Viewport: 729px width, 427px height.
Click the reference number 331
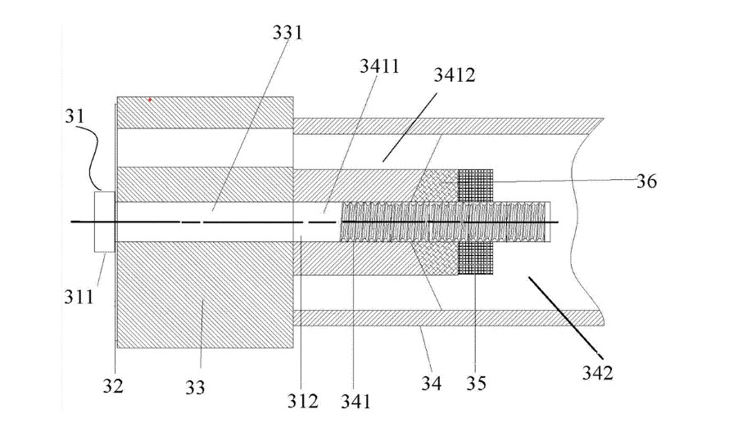pos(288,33)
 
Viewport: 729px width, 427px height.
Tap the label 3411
pos(379,66)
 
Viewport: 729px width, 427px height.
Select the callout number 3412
pos(455,74)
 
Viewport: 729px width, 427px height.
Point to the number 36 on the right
pos(646,181)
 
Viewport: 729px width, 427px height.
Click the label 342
pos(597,373)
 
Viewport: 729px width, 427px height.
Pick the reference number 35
pos(476,383)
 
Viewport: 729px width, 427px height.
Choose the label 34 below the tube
pos(432,383)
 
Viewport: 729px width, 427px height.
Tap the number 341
pos(355,402)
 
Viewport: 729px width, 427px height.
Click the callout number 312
pos(302,401)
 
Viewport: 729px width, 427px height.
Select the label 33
pos(195,387)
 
